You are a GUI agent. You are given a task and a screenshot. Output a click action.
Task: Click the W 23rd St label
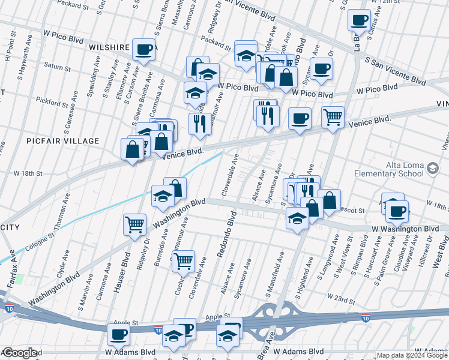(x=338, y=297)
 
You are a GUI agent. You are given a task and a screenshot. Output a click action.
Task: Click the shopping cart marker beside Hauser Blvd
(x=135, y=224)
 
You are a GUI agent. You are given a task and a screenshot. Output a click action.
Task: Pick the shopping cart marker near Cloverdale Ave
(x=183, y=260)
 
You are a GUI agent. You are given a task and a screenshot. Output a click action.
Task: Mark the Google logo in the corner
(x=19, y=353)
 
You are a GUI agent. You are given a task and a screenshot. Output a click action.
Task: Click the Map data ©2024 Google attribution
(x=412, y=355)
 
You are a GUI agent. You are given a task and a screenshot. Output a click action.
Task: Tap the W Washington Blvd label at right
(x=405, y=229)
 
